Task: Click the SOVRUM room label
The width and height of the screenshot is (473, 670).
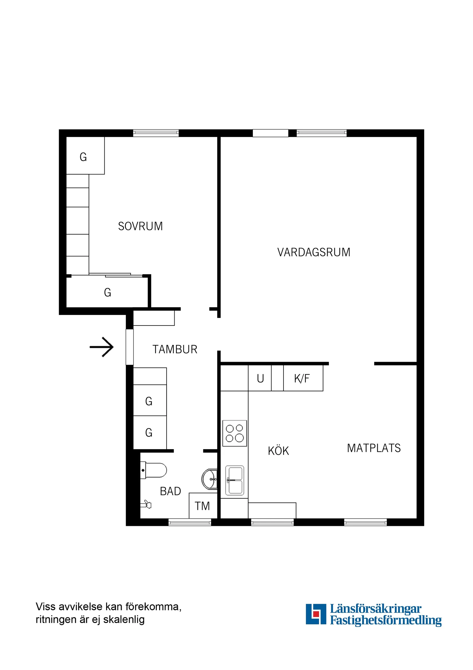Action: pyautogui.click(x=140, y=226)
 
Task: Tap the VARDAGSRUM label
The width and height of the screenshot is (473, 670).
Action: pyautogui.click(x=314, y=252)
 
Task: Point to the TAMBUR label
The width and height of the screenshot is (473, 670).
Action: pyautogui.click(x=175, y=349)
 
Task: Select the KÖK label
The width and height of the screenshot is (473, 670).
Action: pyautogui.click(x=278, y=451)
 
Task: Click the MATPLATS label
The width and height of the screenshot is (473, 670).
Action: pyautogui.click(x=374, y=448)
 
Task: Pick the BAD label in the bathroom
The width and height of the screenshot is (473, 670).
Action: pyautogui.click(x=171, y=491)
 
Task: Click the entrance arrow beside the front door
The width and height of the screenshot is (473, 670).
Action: pyautogui.click(x=102, y=347)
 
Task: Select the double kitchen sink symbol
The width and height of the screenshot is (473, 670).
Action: pyautogui.click(x=234, y=480)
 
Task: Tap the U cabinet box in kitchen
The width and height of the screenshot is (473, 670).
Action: pyautogui.click(x=260, y=378)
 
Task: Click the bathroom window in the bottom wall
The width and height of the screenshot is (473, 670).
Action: pyautogui.click(x=190, y=522)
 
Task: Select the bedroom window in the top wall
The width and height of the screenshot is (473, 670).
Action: pyautogui.click(x=156, y=133)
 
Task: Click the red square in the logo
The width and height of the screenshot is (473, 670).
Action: pyautogui.click(x=316, y=614)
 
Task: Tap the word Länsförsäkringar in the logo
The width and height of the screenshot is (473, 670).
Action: pyautogui.click(x=375, y=609)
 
